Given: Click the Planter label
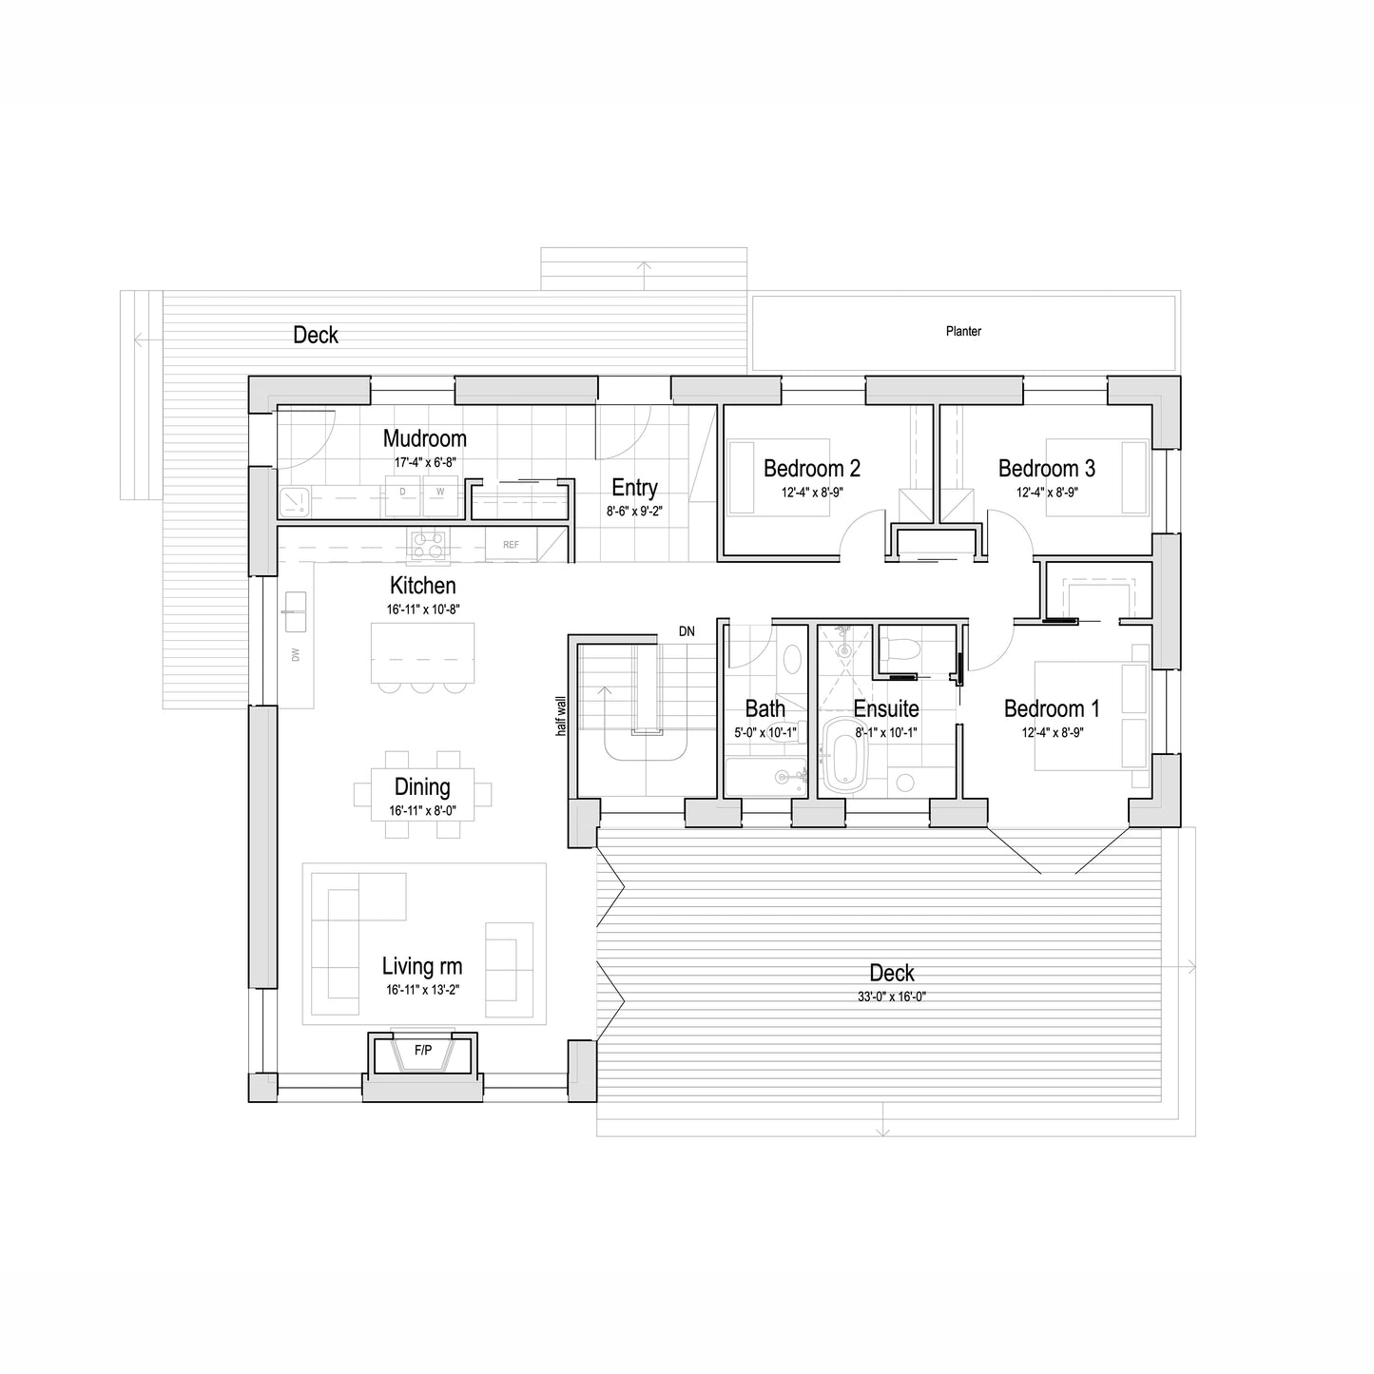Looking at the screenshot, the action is click(x=963, y=331).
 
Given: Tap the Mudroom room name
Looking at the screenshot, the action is click(x=424, y=437).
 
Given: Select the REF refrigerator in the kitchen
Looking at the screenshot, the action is click(x=511, y=545).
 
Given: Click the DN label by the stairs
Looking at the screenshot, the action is click(x=686, y=631).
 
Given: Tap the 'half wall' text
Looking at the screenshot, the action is click(x=561, y=716).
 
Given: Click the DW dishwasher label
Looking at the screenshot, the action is click(x=295, y=654).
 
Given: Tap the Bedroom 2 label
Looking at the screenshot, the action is click(x=811, y=469).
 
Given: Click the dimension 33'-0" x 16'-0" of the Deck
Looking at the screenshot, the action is click(x=891, y=997).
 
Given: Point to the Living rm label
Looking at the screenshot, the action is click(x=422, y=966).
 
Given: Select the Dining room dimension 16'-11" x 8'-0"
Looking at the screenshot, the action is click(x=422, y=811).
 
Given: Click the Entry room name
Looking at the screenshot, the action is click(x=634, y=488).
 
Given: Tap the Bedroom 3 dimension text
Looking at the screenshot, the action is click(x=1047, y=492).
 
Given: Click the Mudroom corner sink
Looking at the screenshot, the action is click(x=294, y=501).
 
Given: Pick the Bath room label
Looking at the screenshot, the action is click(x=765, y=708).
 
